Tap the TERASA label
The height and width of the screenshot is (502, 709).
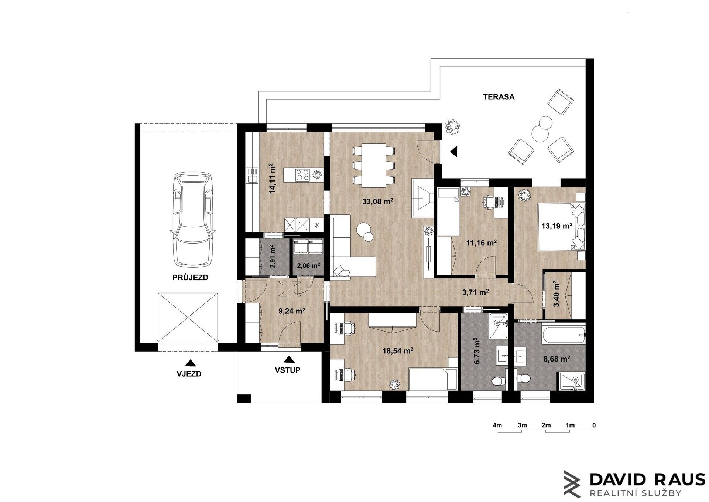(499, 97)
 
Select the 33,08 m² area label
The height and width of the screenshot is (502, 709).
(377, 201)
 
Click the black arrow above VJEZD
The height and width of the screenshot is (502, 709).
(190, 362)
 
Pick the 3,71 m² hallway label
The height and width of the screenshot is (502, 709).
(475, 292)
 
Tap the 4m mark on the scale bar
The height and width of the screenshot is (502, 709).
(497, 425)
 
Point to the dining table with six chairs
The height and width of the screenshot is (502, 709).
(374, 165)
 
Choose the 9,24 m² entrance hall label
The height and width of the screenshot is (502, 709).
(291, 311)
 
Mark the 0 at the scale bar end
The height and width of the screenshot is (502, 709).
(594, 425)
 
